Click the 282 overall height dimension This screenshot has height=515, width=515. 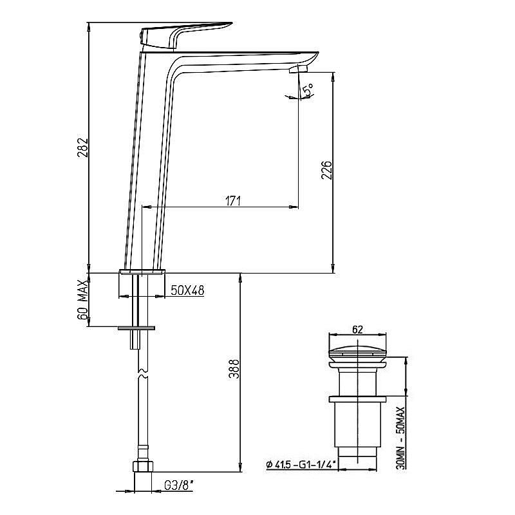83,147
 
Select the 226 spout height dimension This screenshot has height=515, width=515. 326,170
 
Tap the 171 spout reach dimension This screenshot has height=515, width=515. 232,201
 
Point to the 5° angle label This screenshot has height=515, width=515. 308,89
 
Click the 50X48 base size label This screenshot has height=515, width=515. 187,290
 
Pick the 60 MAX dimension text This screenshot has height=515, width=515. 83,299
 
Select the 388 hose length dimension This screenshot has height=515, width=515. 234,369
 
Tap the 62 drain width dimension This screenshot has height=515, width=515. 357,330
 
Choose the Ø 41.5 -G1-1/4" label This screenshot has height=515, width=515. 301,464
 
